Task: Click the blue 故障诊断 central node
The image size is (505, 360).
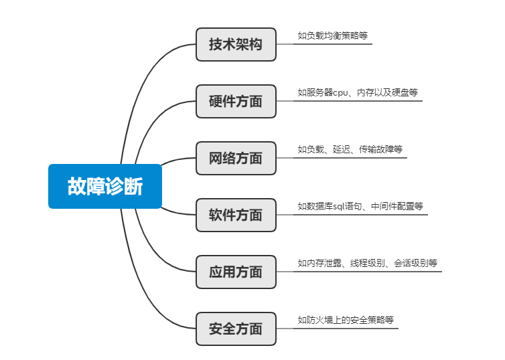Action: coord(105,186)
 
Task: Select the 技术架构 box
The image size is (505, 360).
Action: coord(236,45)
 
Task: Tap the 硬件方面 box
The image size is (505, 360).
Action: coord(236,102)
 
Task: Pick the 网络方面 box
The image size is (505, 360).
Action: coord(236,159)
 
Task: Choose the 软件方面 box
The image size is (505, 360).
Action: coord(236,215)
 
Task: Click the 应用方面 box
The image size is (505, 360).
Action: coord(236,272)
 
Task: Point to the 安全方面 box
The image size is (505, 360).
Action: coord(236,329)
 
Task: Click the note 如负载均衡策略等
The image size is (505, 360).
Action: coord(332,35)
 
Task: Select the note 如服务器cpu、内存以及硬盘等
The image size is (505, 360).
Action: coord(358,92)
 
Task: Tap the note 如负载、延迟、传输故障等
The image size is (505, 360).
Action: coord(350,149)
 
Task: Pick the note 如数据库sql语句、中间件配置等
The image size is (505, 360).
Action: coord(360,206)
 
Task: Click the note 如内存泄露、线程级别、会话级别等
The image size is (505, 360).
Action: coord(368,263)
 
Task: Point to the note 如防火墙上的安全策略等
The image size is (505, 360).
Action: coord(346,320)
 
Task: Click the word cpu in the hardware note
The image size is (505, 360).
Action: coord(340,92)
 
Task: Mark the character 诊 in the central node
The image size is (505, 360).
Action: coord(115,186)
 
